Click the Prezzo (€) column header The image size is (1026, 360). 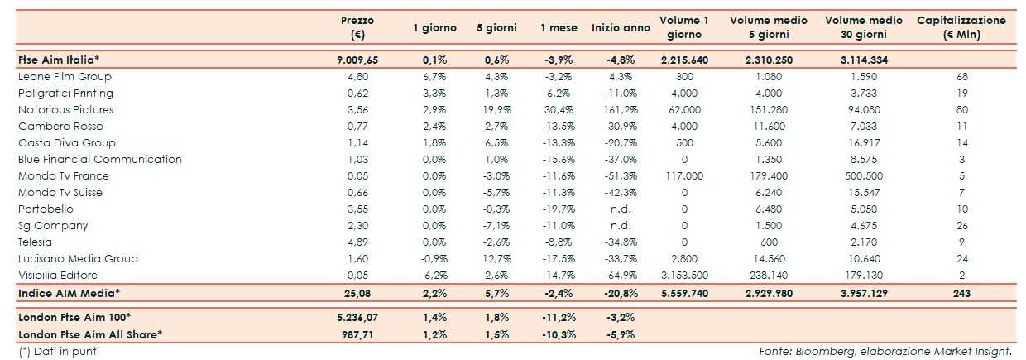[357, 27]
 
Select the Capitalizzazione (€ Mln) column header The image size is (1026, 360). [961, 27]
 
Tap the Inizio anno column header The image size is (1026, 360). [621, 27]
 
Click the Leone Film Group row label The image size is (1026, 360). [65, 76]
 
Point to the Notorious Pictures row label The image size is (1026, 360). [65, 109]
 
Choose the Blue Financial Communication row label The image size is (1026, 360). [99, 159]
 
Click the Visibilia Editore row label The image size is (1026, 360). [58, 275]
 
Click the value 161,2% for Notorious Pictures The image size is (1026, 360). [620, 109]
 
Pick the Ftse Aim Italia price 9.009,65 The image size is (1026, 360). [357, 60]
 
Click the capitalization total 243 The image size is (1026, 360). [961, 292]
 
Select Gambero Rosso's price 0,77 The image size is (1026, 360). [357, 126]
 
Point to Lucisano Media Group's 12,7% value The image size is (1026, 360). [496, 258]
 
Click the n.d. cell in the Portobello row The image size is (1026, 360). [620, 209]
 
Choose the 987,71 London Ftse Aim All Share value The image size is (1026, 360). [357, 334]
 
